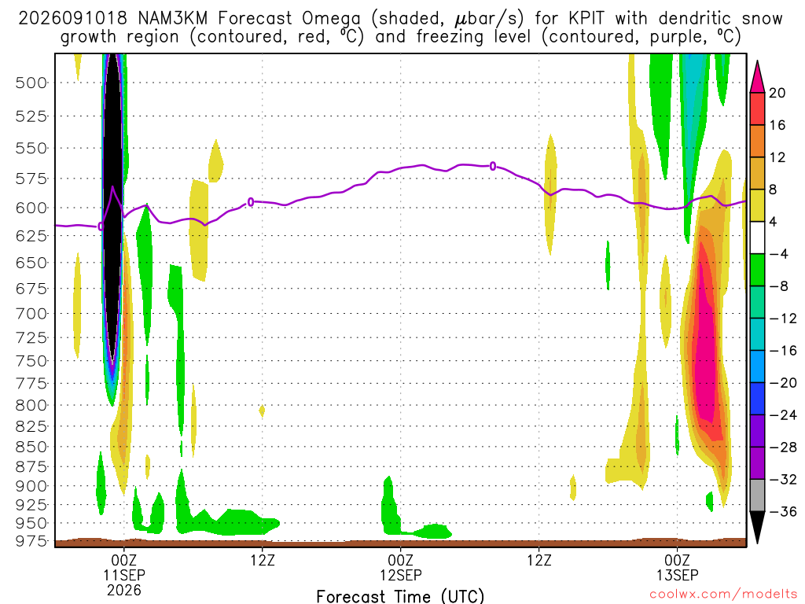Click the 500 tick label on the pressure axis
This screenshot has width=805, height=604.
(x=31, y=83)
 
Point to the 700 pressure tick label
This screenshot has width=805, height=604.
(x=31, y=313)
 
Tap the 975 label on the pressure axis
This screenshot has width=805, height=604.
(x=31, y=541)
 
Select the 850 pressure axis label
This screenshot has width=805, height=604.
(x=31, y=447)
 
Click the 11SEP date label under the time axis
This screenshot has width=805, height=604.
(x=124, y=575)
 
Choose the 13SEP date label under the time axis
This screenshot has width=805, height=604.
(x=677, y=575)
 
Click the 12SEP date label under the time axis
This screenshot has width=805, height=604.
(x=400, y=575)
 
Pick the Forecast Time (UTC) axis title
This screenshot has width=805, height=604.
(x=400, y=596)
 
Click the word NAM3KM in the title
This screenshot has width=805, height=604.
(x=172, y=19)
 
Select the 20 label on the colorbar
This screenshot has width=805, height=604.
(x=777, y=93)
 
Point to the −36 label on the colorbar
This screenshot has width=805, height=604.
(x=783, y=511)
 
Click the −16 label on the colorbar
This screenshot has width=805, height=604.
(x=783, y=351)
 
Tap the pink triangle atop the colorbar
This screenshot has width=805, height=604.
(x=757, y=77)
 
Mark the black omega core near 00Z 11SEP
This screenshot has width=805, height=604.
(x=112, y=205)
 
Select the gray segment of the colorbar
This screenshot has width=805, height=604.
(x=757, y=495)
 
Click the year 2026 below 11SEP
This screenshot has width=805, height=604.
(x=124, y=590)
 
